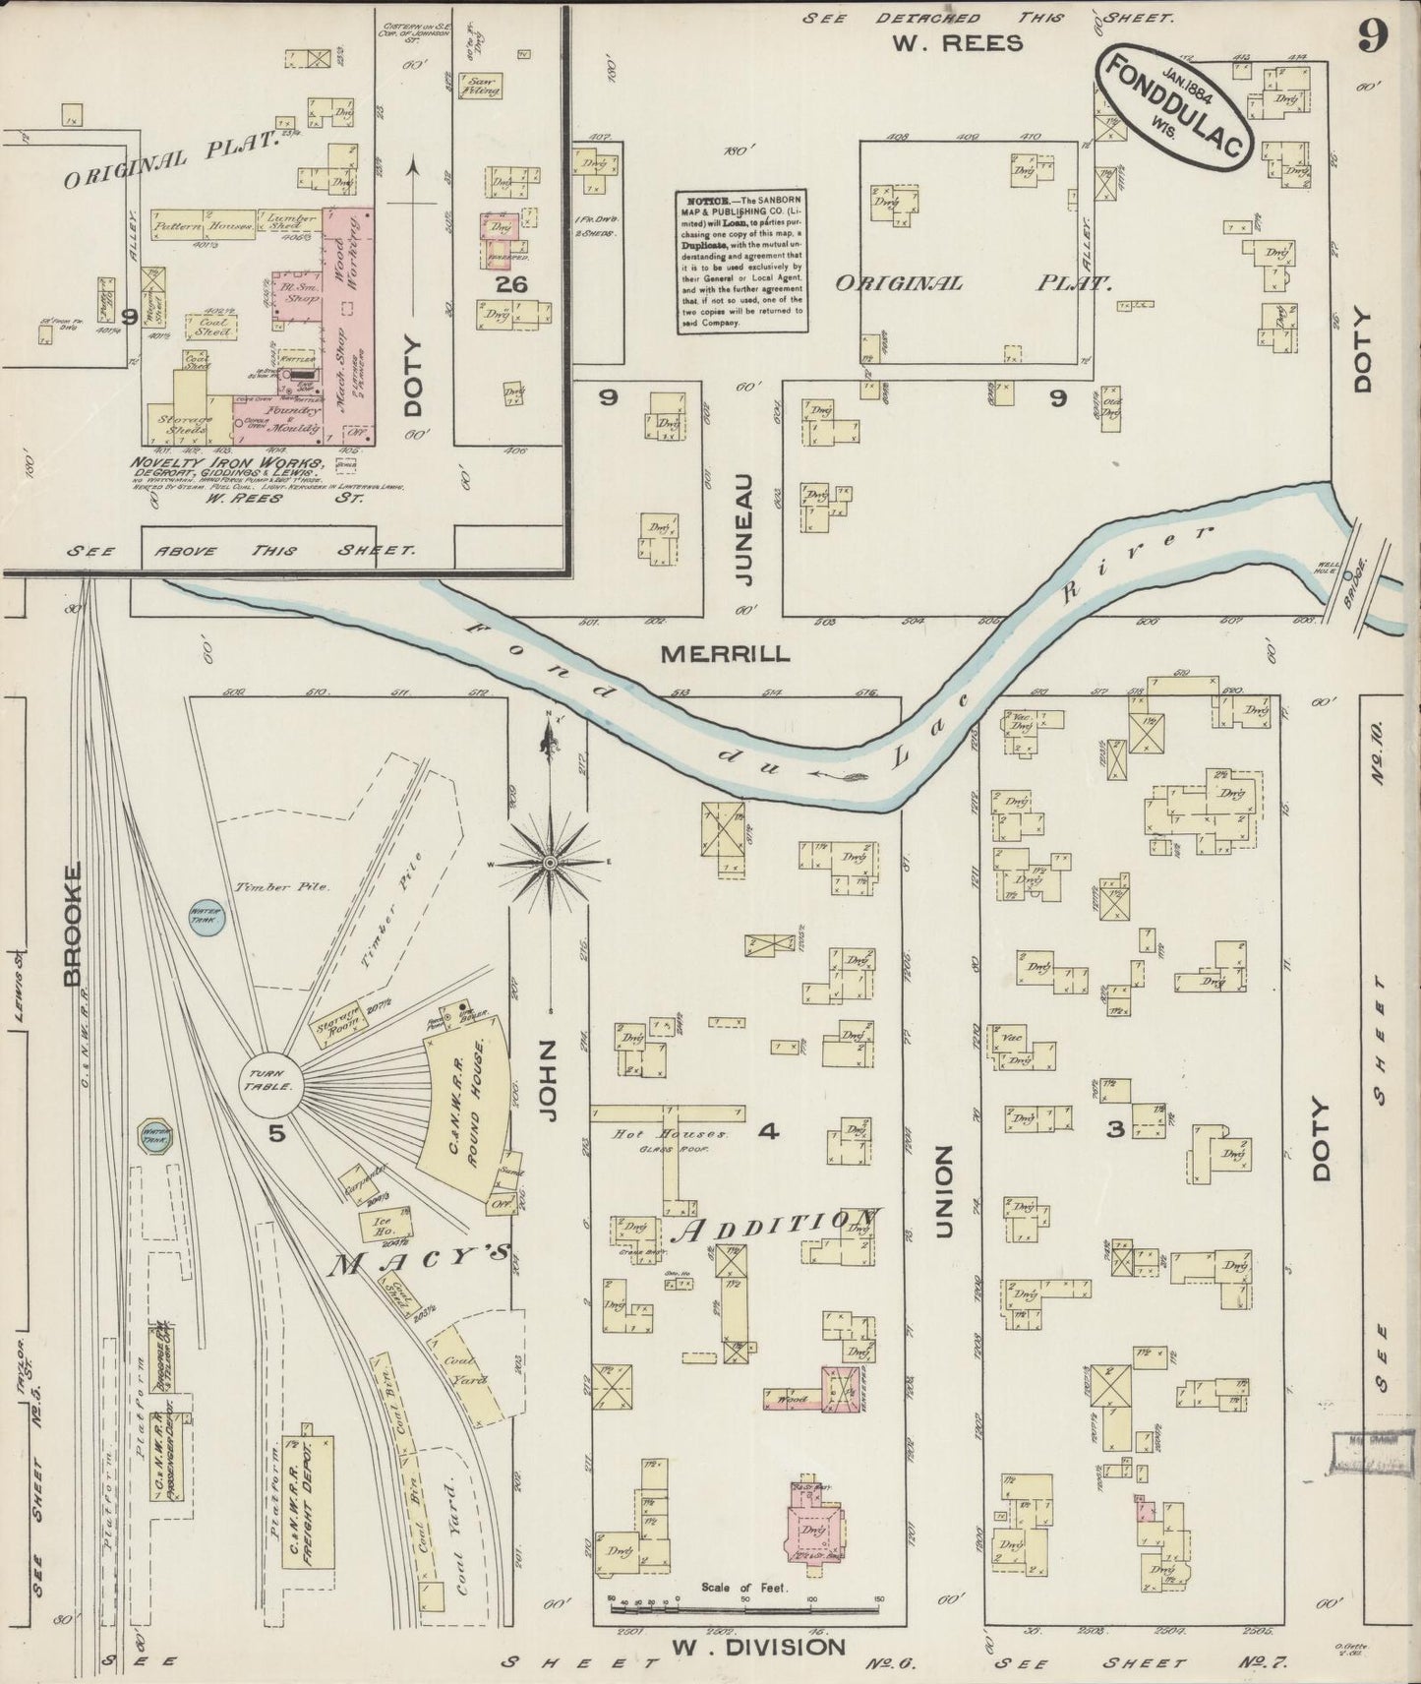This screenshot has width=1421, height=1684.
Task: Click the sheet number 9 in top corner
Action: (1374, 37)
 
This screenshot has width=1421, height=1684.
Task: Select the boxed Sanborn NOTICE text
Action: (740, 261)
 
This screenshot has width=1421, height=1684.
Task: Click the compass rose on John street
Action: (550, 863)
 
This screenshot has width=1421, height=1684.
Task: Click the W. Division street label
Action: (757, 1647)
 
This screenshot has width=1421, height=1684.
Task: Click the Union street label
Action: (943, 1190)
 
